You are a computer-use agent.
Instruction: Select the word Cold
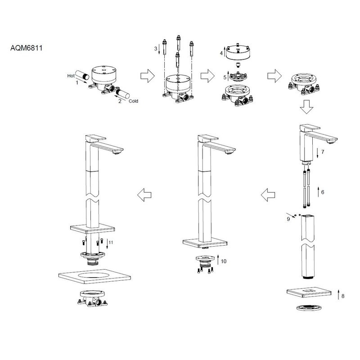[x=133, y=101]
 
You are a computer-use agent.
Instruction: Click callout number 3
[x=156, y=48]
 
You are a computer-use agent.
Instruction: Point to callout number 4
[x=221, y=53]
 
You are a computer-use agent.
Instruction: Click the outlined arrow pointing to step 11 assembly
[x=144, y=195]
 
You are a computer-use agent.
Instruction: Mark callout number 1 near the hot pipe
[x=76, y=83]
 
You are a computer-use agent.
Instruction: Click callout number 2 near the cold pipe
[x=120, y=101]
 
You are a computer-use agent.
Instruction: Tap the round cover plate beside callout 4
[x=238, y=54]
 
